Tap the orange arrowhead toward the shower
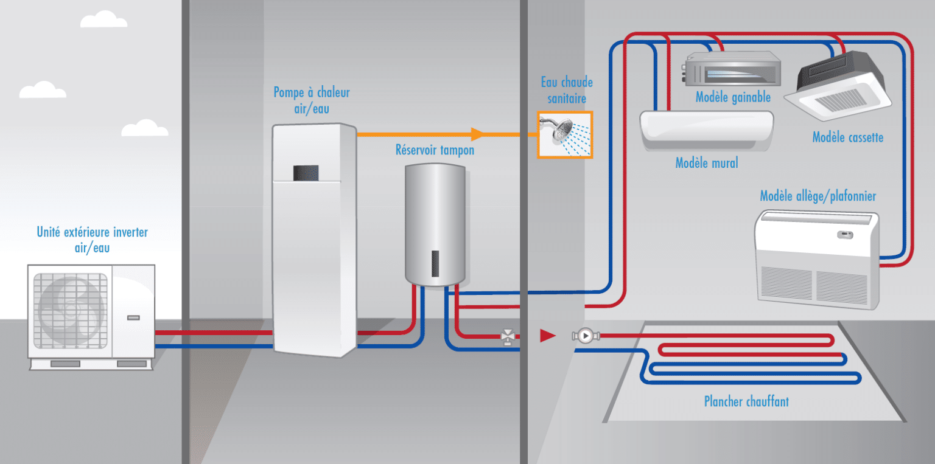tap(477, 134)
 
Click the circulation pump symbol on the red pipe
tap(584, 336)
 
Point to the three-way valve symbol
tap(506, 336)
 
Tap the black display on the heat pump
tap(306, 173)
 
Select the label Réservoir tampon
tap(435, 150)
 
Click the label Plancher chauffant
tap(746, 401)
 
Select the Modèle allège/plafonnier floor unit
tap(817, 258)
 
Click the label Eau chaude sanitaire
tap(566, 90)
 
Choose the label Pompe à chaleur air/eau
tap(312, 100)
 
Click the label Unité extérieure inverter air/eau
tap(93, 240)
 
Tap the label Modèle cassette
tap(847, 137)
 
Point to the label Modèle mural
tap(707, 163)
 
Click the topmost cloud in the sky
tap(103, 20)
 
